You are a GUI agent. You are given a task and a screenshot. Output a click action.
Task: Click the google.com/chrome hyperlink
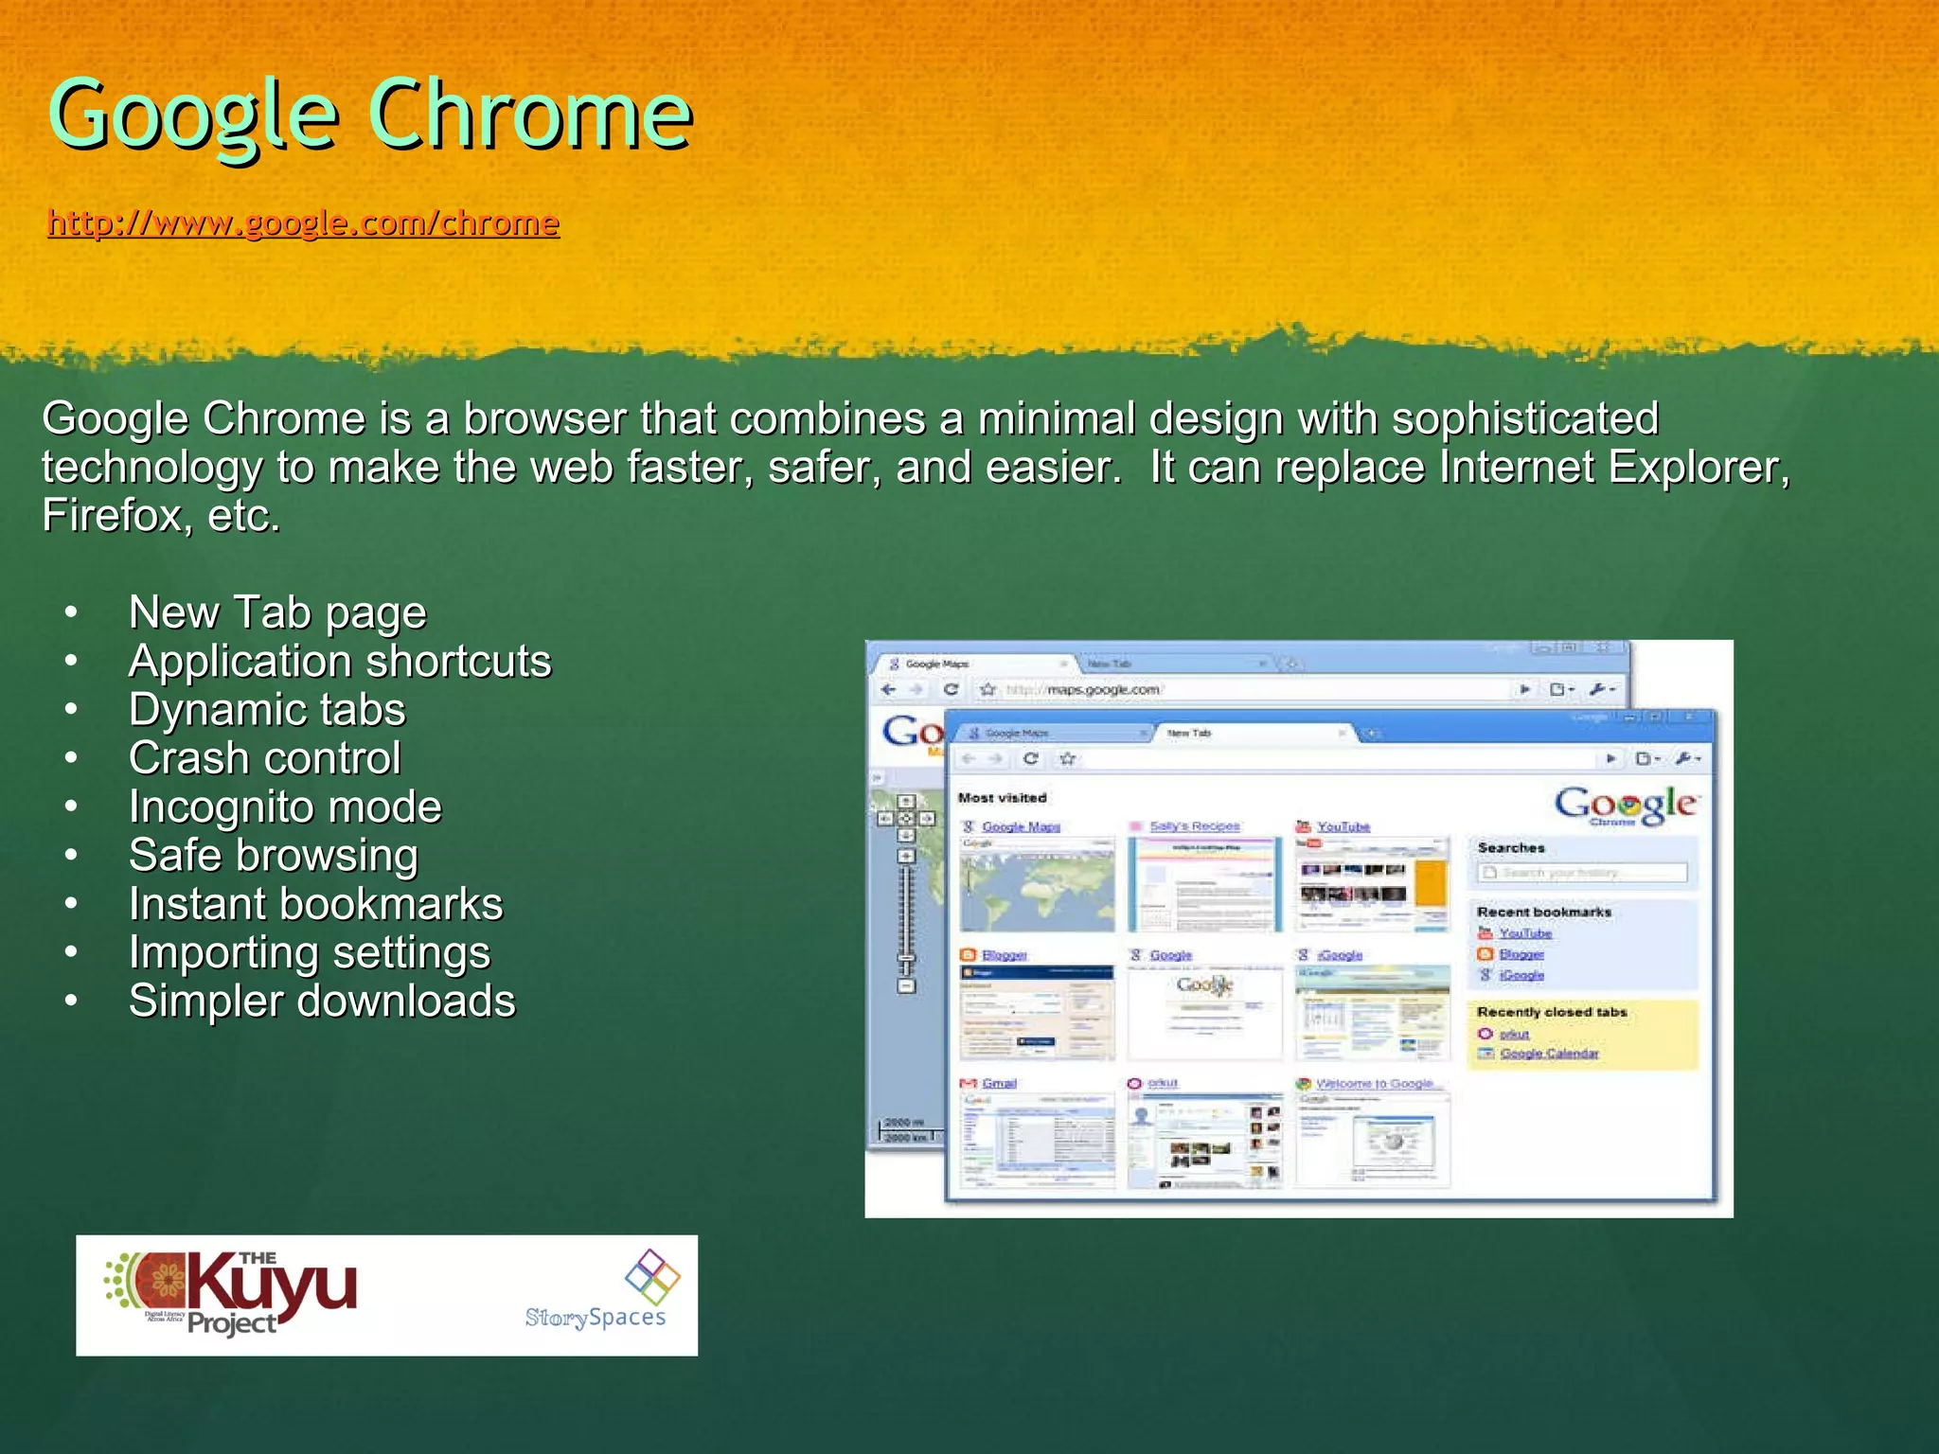[303, 223]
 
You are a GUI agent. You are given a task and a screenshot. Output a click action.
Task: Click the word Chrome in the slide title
[530, 115]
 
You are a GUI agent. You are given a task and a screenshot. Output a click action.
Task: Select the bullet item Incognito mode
[284, 807]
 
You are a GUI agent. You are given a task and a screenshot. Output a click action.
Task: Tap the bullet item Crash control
[264, 758]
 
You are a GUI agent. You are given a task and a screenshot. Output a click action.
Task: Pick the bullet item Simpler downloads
[322, 1002]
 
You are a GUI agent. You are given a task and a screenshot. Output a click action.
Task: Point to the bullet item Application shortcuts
[339, 662]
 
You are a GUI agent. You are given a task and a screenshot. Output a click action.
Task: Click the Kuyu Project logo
[232, 1293]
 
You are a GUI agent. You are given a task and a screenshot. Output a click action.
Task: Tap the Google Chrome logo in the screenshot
[1626, 806]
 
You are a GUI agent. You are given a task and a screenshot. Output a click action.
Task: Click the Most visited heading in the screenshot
[1002, 798]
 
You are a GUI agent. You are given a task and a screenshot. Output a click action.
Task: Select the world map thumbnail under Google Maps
[1038, 885]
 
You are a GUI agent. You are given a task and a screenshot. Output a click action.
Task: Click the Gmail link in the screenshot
[999, 1083]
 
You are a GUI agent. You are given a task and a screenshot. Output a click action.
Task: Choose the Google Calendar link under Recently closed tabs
[1549, 1054]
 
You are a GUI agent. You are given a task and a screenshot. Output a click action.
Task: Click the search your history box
[1582, 873]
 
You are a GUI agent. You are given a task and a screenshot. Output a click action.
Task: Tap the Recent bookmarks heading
[1543, 912]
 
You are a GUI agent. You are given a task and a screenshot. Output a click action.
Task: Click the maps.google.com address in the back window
[1103, 689]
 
